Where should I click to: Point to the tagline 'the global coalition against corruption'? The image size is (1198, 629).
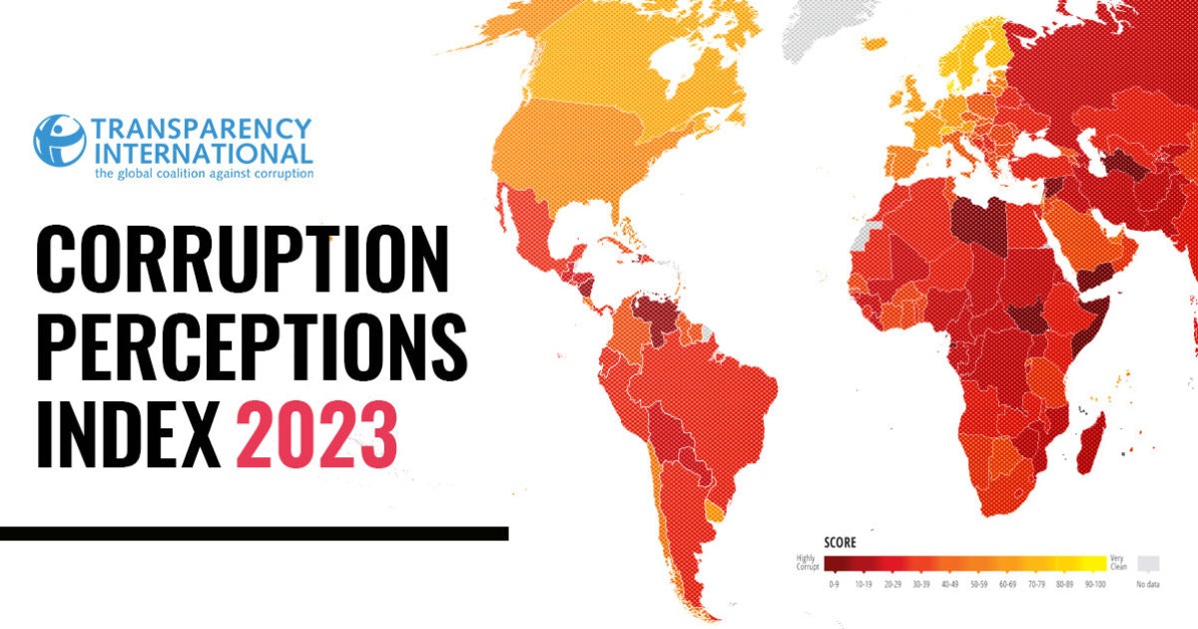(x=204, y=173)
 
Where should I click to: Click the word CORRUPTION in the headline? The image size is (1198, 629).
(x=243, y=259)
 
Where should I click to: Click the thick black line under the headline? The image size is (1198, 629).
(x=254, y=533)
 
